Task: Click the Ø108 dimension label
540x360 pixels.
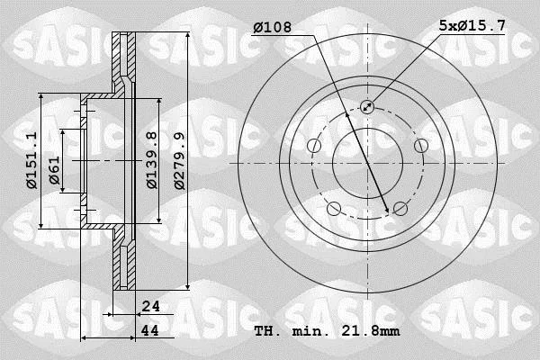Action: tap(273, 27)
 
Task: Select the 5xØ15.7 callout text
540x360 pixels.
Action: tap(472, 25)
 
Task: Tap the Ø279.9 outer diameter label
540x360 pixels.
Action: tap(179, 161)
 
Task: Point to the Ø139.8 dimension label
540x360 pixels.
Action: tap(152, 160)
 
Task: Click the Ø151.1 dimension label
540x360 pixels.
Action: tap(31, 160)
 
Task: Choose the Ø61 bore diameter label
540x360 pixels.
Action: tap(54, 170)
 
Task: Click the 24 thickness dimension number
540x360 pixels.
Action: tap(151, 306)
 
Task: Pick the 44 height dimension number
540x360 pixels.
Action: tap(150, 330)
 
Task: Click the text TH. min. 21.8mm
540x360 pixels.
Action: tap(328, 331)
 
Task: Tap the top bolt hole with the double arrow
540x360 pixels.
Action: tap(367, 107)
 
